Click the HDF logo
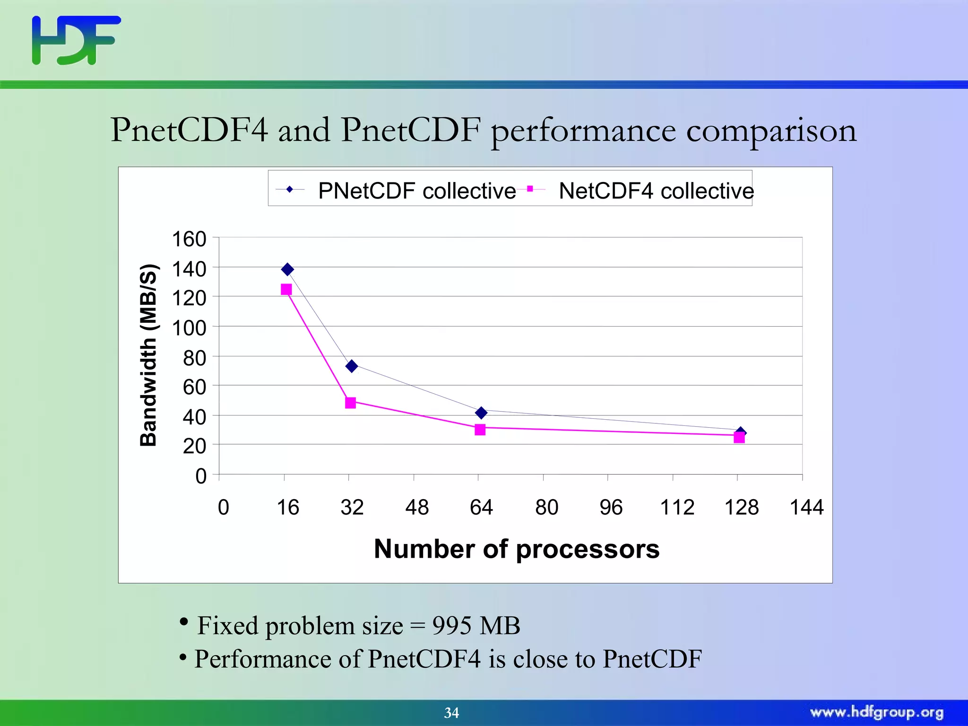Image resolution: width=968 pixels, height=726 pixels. point(76,40)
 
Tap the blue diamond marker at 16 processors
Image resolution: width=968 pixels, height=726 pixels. point(287,270)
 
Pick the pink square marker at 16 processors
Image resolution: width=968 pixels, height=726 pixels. point(286,289)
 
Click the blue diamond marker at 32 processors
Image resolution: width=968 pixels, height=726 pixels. point(352,366)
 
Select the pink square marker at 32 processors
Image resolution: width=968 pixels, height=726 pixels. point(350,403)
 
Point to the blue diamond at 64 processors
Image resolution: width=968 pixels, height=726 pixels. point(481,413)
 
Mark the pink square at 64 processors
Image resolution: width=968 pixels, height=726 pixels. point(480,430)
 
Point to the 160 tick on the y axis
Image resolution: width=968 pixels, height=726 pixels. point(189,239)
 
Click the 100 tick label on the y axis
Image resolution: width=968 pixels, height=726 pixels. point(189,328)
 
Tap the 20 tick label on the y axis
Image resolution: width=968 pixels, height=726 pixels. point(194,446)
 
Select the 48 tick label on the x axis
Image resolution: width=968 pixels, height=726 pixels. point(417,508)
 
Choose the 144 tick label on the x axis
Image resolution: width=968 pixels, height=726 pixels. point(806,508)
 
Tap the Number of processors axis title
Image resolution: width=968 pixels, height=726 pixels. point(517,549)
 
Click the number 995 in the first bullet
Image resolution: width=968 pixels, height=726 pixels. point(452,626)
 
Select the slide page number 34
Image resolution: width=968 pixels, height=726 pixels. point(451,713)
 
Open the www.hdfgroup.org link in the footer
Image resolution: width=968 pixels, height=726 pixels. point(876,712)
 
